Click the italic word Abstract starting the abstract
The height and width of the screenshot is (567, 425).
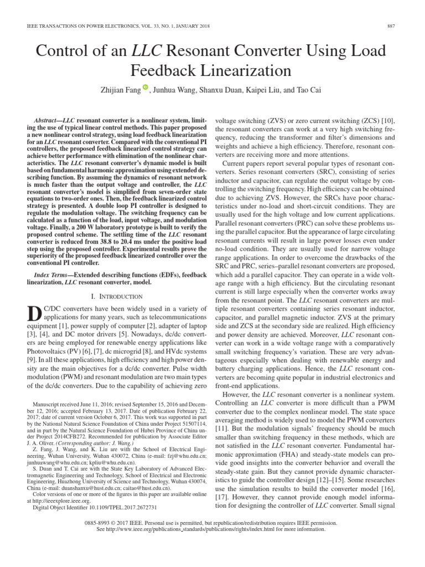point(46,120)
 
